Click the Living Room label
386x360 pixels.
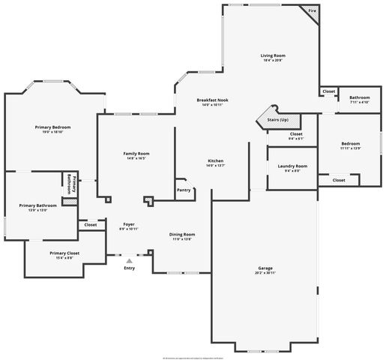click(274, 55)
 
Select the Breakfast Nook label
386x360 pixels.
click(212, 100)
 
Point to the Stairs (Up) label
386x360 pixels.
click(279, 120)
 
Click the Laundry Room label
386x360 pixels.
click(292, 166)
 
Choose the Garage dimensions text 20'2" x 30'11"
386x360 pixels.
click(265, 273)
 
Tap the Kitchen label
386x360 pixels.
click(216, 161)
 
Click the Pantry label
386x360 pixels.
click(184, 190)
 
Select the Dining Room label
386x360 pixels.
click(182, 234)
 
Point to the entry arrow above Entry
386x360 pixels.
click(130, 259)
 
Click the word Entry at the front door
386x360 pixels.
click(130, 268)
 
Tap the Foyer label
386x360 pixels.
click(129, 224)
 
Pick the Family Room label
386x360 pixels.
click(136, 153)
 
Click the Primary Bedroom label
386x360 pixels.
click(52, 127)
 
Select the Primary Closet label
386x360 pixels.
click(64, 253)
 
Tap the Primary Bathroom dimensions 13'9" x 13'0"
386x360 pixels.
click(37, 211)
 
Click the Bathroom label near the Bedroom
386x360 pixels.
click(359, 97)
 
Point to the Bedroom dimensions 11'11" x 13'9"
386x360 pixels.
click(350, 148)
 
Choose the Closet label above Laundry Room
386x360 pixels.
click(295, 133)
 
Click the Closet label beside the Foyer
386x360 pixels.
click(91, 224)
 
